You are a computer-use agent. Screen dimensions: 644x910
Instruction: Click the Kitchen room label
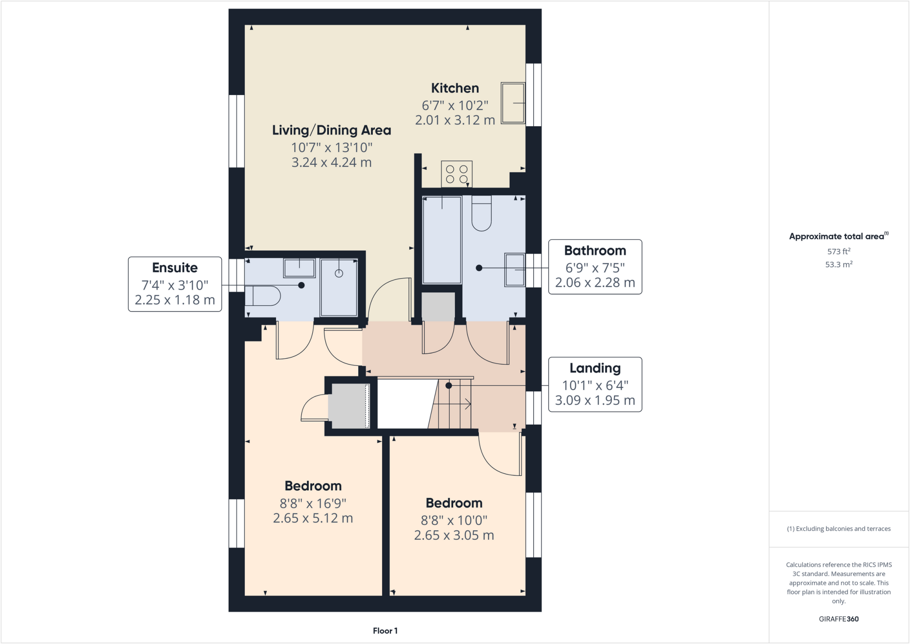[x=455, y=88]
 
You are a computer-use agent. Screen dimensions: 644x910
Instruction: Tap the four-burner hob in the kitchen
[x=456, y=174]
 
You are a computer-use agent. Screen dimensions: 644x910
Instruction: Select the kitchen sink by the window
[x=513, y=103]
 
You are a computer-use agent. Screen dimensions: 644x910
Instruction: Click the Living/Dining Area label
[x=331, y=130]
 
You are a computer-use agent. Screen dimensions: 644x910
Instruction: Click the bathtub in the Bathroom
[x=442, y=240]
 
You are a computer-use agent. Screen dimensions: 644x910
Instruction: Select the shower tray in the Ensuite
[x=339, y=287]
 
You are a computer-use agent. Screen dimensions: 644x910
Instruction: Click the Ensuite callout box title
[x=175, y=268]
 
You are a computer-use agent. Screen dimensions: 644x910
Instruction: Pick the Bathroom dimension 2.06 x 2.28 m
[x=595, y=283]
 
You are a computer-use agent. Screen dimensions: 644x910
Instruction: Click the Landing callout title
[x=595, y=368]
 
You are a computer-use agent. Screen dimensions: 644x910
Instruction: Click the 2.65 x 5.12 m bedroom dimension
[x=313, y=518]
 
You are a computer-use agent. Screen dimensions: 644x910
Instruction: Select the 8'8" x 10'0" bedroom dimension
[x=454, y=520]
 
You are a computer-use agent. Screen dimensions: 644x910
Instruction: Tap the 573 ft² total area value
[x=838, y=252]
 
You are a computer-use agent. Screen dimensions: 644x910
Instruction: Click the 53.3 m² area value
[x=838, y=264]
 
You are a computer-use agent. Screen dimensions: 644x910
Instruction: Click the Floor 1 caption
[x=385, y=631]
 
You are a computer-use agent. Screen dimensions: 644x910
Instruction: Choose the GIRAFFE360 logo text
[x=838, y=619]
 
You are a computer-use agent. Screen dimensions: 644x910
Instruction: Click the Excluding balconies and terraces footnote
[x=838, y=529]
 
